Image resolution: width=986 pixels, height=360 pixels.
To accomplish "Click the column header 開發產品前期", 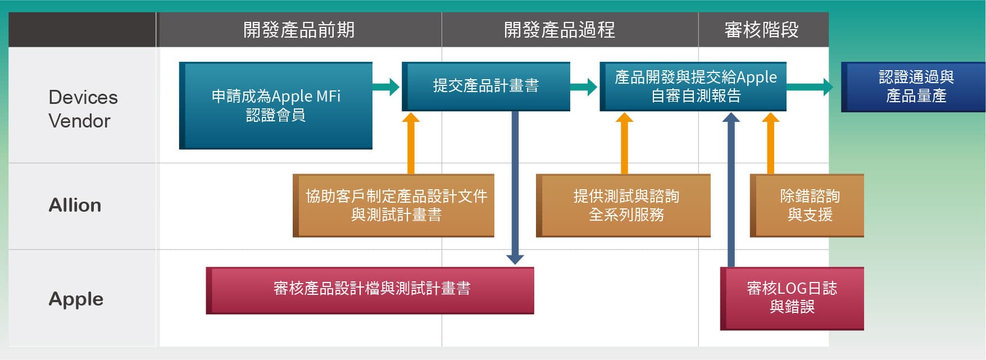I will (299, 30).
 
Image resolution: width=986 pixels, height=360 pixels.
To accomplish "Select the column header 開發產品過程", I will (560, 30).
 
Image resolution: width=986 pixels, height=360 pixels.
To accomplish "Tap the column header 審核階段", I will (761, 30).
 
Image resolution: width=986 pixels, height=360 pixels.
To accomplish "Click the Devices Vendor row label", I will (83, 109).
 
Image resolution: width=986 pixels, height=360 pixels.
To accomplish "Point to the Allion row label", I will (75, 206).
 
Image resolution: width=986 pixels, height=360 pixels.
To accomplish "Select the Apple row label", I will (76, 299).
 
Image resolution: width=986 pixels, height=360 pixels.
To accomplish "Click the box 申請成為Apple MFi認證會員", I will (276, 106).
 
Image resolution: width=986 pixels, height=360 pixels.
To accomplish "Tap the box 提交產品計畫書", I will (486, 86).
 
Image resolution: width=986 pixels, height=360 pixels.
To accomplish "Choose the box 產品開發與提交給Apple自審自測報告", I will (695, 86).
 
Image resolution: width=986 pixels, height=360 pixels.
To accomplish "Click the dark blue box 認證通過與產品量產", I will (915, 87).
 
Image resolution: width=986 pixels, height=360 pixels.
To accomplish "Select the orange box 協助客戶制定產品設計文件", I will (396, 206).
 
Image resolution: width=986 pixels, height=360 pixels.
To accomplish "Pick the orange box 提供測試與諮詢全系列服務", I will (625, 206).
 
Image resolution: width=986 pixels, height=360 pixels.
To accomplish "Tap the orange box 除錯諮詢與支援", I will (809, 206).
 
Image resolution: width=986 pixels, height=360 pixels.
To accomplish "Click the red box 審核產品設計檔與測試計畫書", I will (371, 290).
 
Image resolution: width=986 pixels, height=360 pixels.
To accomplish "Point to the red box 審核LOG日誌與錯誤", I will (792, 298).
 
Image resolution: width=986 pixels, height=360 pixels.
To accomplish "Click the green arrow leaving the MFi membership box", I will (387, 87).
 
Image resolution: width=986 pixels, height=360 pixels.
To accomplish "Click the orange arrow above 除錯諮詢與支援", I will (770, 143).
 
